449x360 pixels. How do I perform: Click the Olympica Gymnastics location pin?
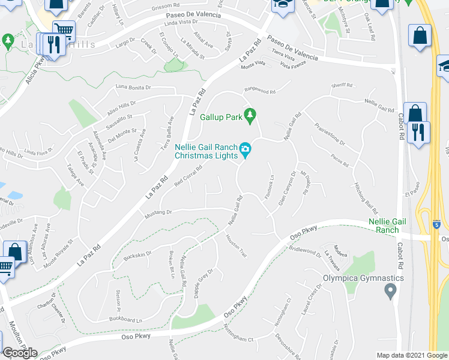[x=390, y=292]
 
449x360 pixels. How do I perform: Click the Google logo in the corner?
[x=20, y=353]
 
